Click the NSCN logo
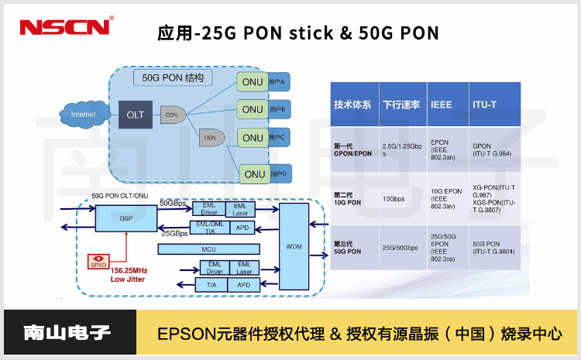click(66, 27)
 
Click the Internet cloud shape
click(84, 115)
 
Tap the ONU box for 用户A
click(253, 82)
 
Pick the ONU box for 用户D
click(253, 173)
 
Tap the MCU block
click(207, 249)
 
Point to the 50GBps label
click(174, 203)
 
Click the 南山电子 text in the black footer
click(68, 334)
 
